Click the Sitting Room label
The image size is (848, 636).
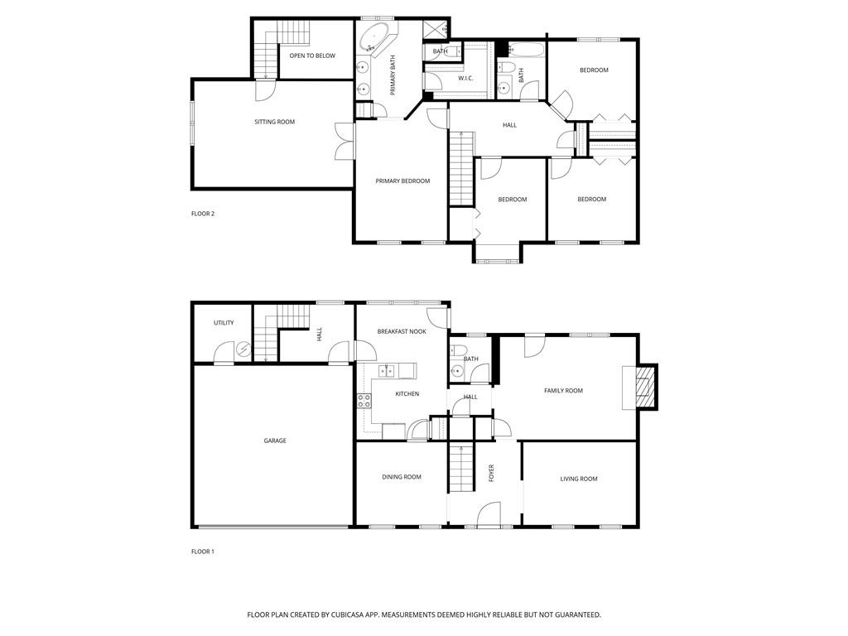pyautogui.click(x=274, y=122)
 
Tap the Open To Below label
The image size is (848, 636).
pyautogui.click(x=312, y=55)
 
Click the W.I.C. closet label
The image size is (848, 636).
pyautogui.click(x=465, y=78)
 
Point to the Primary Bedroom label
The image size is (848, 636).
pyautogui.click(x=402, y=181)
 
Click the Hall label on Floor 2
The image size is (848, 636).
pyautogui.click(x=509, y=125)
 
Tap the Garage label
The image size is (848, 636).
pyautogui.click(x=275, y=441)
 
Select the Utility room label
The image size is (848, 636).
pyautogui.click(x=224, y=323)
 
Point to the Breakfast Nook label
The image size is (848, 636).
pyautogui.click(x=402, y=331)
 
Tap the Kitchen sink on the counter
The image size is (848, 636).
pyautogui.click(x=387, y=370)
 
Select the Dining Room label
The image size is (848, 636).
pyautogui.click(x=402, y=477)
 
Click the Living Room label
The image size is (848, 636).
pyautogui.click(x=579, y=479)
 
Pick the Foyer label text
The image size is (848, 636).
pyautogui.click(x=491, y=474)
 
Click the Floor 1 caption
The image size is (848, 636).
pyautogui.click(x=203, y=552)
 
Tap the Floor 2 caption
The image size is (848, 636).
pyautogui.click(x=203, y=214)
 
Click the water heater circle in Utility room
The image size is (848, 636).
pyautogui.click(x=243, y=350)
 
